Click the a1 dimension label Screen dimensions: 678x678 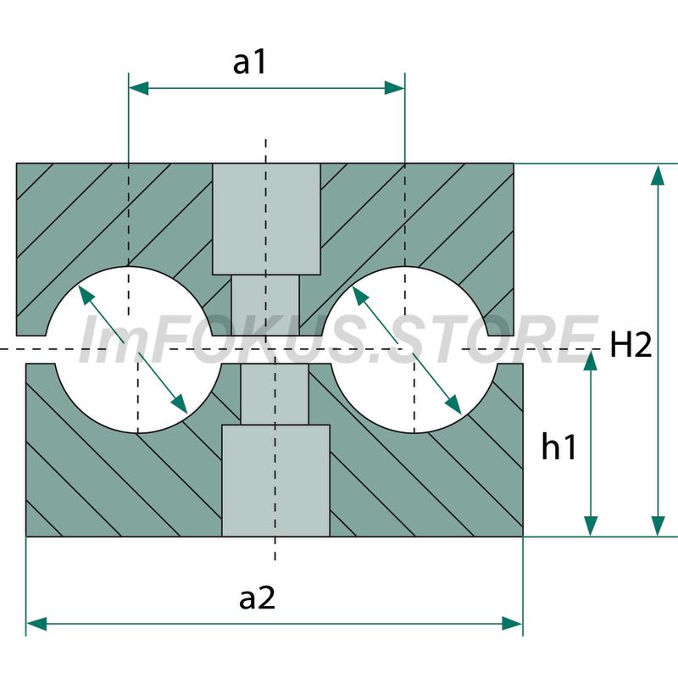(249, 63)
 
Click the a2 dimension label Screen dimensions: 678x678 (258, 598)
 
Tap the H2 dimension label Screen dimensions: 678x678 (631, 345)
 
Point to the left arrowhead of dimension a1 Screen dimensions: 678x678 (138, 88)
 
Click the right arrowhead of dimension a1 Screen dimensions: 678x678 (395, 88)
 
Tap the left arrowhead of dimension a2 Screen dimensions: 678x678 (36, 624)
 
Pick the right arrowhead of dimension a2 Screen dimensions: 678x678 (513, 624)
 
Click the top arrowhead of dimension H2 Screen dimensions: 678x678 (658, 175)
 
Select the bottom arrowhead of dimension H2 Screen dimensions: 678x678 (658, 526)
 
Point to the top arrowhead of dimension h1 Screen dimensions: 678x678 (591, 361)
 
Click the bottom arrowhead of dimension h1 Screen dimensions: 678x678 (591, 526)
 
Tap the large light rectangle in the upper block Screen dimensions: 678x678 (266, 219)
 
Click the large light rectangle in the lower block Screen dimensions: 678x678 (276, 481)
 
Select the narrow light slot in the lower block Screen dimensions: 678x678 (275, 394)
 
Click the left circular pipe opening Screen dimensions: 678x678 (133, 349)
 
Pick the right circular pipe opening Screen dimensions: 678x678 (409, 349)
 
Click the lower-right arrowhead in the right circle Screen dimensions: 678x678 (453, 404)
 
